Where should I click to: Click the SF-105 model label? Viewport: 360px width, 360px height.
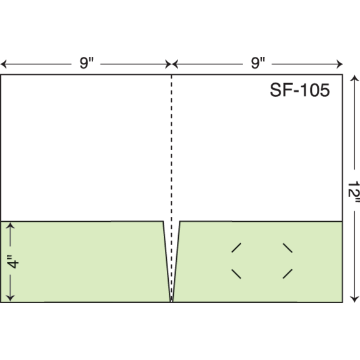(300, 90)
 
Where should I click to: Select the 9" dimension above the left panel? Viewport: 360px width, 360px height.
(86, 63)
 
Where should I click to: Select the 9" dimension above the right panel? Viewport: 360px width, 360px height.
(258, 63)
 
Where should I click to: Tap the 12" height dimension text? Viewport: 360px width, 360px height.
(353, 192)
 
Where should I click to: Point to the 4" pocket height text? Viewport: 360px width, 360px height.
(13, 261)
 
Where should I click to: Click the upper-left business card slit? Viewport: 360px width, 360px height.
(236, 247)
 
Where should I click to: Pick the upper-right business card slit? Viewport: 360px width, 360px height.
(287, 248)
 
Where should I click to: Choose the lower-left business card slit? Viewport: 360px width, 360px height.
(236, 274)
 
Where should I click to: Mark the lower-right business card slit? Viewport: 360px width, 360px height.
(287, 274)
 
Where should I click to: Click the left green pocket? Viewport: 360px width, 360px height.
(85, 262)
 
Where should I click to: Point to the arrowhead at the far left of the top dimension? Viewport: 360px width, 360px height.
(3, 64)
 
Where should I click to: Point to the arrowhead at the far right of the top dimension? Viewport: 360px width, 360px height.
(340, 64)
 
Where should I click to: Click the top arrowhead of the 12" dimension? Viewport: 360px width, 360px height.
(354, 78)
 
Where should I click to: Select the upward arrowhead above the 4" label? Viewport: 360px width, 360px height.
(10, 226)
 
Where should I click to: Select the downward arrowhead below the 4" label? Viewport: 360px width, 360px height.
(10, 297)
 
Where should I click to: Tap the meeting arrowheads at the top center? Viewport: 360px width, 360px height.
(171, 64)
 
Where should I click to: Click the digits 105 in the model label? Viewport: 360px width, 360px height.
(315, 90)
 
